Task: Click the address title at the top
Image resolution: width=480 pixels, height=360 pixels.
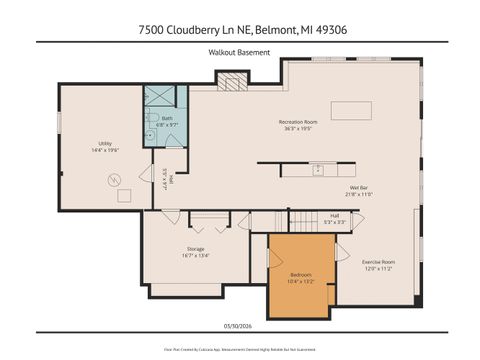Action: (239, 29)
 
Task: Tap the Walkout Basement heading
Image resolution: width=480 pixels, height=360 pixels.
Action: (239, 51)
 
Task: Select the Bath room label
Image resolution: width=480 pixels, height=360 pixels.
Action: (166, 118)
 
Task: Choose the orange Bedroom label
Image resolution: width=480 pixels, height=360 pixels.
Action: (301, 274)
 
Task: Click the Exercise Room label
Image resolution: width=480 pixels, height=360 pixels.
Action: (378, 262)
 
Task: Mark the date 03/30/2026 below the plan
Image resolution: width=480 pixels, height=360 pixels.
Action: (239, 323)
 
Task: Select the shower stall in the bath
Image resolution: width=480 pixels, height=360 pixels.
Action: (159, 98)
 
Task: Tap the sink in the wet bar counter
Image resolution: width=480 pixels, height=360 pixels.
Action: (316, 169)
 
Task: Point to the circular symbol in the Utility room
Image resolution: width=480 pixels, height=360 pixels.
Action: (115, 180)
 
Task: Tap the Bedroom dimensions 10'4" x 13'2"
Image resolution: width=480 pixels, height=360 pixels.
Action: (301, 281)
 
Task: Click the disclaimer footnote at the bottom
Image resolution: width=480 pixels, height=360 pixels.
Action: (239, 349)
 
